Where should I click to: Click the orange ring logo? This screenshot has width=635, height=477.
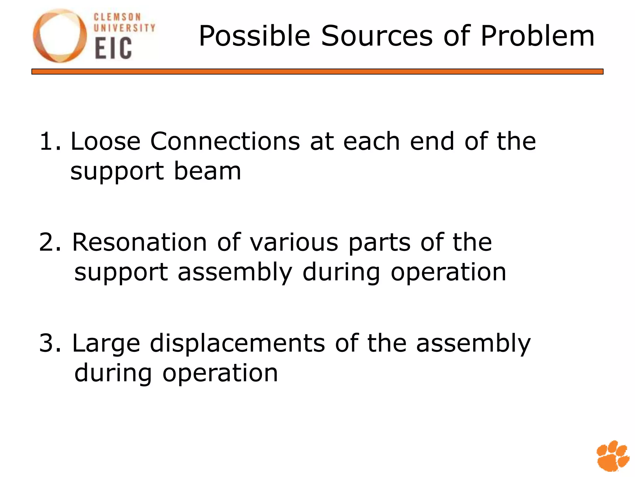point(60,36)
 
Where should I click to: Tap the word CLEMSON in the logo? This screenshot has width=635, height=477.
point(117,17)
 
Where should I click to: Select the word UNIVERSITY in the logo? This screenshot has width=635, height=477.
point(124,28)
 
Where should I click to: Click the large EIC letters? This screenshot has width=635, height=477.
point(113,48)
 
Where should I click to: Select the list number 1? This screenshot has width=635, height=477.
point(50,142)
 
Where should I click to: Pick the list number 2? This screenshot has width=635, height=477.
point(50,243)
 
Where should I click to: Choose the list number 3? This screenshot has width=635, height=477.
point(50,343)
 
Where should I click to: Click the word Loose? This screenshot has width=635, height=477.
point(105,142)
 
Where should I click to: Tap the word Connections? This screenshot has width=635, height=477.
point(225,142)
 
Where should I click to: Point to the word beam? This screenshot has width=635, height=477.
point(207,171)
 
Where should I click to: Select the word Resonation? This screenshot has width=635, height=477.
point(139,243)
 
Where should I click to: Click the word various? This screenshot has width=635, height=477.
point(294,243)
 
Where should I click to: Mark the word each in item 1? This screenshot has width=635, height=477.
point(371,142)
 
